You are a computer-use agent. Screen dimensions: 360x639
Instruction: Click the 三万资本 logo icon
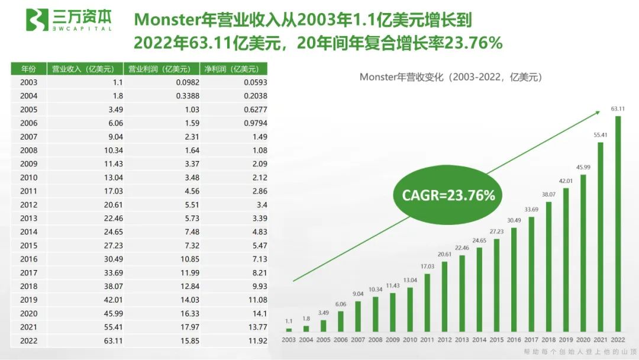(x=36, y=20)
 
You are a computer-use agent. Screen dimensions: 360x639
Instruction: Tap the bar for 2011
(x=427, y=302)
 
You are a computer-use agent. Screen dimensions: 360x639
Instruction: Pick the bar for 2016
(x=514, y=279)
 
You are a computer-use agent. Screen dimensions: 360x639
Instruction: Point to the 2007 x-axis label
(x=358, y=339)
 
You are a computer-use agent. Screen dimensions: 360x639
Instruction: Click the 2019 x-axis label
(x=566, y=339)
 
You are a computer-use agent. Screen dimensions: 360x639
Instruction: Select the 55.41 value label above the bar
(x=601, y=135)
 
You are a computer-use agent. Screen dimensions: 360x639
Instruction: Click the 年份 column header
(x=28, y=69)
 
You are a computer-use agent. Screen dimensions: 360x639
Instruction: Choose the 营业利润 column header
(x=159, y=69)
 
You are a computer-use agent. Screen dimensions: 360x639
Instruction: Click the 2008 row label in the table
(x=28, y=150)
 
